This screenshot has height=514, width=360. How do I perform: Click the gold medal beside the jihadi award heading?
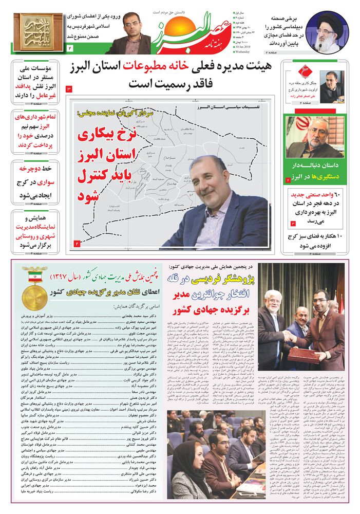pyautogui.click(x=34, y=297)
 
